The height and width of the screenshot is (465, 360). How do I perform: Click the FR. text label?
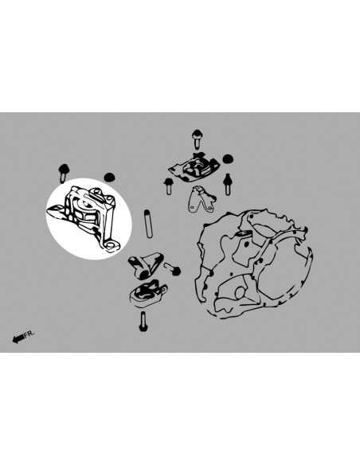29,334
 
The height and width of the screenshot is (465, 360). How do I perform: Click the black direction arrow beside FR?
18,338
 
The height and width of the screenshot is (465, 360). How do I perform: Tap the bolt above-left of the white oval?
64,174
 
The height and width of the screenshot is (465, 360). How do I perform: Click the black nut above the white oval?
109,177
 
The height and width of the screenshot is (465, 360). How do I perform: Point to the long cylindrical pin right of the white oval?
148,223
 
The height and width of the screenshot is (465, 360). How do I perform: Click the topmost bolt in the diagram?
197,139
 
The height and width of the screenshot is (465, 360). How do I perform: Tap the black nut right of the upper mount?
227,159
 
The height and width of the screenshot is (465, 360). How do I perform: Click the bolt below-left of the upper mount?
169,186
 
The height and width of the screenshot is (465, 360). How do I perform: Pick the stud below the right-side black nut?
228,184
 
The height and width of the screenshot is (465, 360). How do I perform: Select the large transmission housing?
254,264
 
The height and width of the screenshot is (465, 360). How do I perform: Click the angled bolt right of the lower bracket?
173,268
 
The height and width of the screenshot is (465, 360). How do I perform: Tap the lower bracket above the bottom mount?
145,265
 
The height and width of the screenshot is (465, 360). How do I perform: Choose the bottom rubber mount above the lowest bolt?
148,293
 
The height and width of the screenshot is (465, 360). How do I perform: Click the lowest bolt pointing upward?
143,322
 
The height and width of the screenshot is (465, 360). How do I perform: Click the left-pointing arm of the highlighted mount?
56,211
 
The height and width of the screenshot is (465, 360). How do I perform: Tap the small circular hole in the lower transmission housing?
240,293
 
